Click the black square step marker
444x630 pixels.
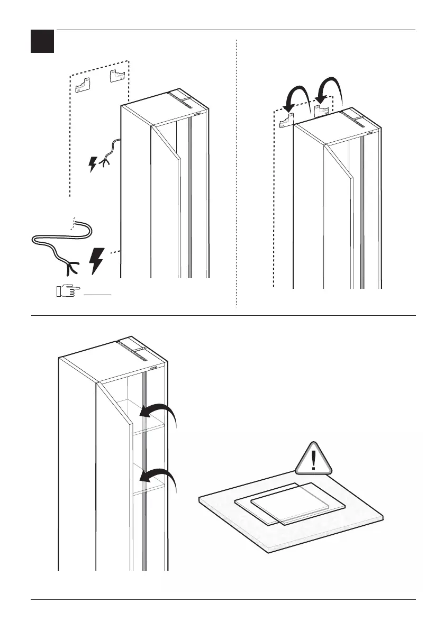[42, 41]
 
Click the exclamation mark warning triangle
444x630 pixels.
[314, 458]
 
